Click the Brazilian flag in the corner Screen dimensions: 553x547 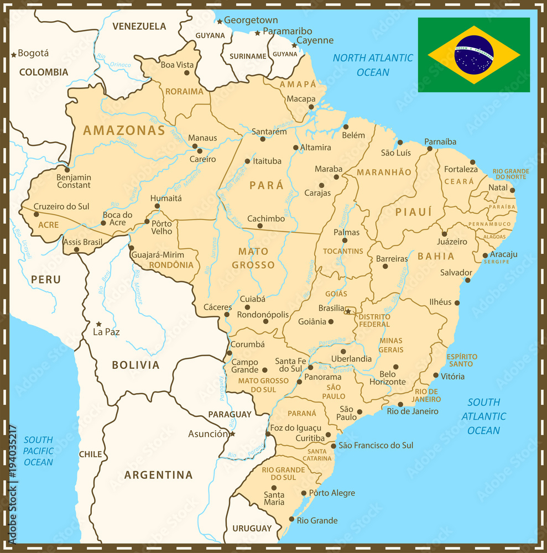[x=473, y=55]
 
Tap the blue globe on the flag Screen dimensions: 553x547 [x=473, y=55]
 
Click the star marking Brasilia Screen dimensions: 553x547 [x=348, y=312]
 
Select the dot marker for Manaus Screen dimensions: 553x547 [x=195, y=147]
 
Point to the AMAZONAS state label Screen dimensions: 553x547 [x=124, y=131]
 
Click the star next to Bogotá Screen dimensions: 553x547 [x=14, y=55]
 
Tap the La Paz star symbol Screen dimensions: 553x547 [x=99, y=324]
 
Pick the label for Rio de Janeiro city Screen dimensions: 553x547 [x=413, y=411]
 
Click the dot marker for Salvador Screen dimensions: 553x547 [x=467, y=280]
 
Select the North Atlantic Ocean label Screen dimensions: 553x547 [x=373, y=65]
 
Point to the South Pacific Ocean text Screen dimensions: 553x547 [x=38, y=451]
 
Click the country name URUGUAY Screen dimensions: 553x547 [x=252, y=528]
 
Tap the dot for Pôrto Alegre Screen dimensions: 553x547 [x=304, y=493]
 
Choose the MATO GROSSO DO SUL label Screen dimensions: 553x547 [x=263, y=385]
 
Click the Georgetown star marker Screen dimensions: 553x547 [x=220, y=22]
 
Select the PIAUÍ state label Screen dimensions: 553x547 [x=413, y=212]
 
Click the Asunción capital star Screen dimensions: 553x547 [x=232, y=434]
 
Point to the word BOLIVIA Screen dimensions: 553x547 [x=136, y=365]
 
